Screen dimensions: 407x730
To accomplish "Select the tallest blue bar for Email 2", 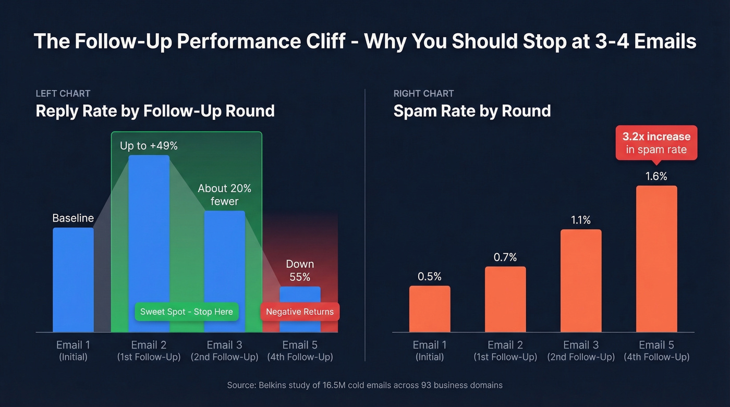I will pos(149,229).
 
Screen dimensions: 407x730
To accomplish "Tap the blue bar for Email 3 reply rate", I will pos(224,255).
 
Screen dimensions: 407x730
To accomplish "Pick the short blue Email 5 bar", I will pos(300,295).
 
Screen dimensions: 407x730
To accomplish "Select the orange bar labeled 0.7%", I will pos(505,299).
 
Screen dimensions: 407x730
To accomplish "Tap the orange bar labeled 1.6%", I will pos(656,258).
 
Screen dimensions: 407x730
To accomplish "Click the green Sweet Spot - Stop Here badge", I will pos(187,312).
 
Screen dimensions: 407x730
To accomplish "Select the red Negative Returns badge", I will pos(300,312).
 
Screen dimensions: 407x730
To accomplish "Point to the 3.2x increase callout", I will pos(656,143).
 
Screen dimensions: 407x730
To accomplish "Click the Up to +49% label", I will pos(149,146).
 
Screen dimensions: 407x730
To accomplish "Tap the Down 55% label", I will pos(300,270).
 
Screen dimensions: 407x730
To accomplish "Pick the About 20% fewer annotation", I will pos(224,194).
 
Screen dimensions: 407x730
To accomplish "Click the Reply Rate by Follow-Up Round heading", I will pos(155,111).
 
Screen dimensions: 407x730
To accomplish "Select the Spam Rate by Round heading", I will pos(472,111).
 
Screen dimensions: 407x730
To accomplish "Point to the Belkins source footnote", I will pos(364,385).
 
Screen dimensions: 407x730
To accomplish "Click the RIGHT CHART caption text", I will pos(423,94).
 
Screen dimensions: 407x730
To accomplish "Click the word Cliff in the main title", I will pos(323,41).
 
